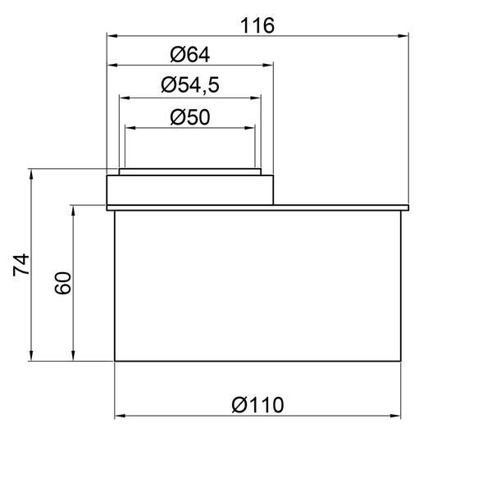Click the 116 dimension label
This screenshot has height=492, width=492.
pyautogui.click(x=257, y=25)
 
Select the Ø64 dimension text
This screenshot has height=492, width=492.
pyautogui.click(x=190, y=55)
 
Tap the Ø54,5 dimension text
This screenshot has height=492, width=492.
pyautogui.click(x=190, y=85)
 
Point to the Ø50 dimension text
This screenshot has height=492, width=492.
pyautogui.click(x=190, y=117)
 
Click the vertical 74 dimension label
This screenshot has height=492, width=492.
pyautogui.click(x=21, y=265)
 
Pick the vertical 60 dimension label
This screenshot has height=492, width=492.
pyautogui.click(x=63, y=284)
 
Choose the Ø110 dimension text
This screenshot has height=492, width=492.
pyautogui.click(x=257, y=405)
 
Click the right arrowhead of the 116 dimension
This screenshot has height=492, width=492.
pyautogui.click(x=403, y=36)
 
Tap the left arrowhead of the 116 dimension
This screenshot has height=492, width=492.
pyautogui.click(x=112, y=36)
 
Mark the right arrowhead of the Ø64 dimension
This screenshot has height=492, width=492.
pyautogui.click(x=268, y=66)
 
